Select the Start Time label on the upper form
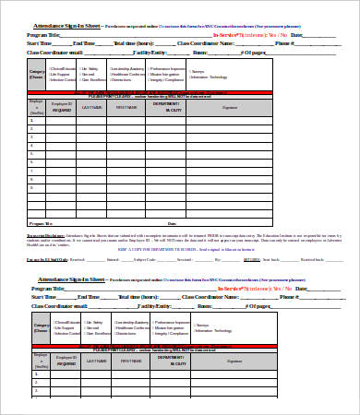[x=40, y=43]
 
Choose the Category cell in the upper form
[x=37, y=72]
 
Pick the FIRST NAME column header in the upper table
[x=126, y=108]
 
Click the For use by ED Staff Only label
[x=46, y=260]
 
